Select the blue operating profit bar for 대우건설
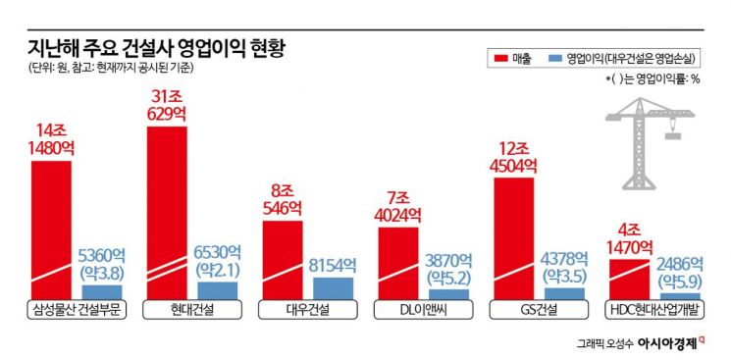(334, 287)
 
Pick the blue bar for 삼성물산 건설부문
(102, 291)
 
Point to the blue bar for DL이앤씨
(448, 293)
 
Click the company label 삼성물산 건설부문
(73, 310)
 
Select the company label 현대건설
(189, 310)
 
